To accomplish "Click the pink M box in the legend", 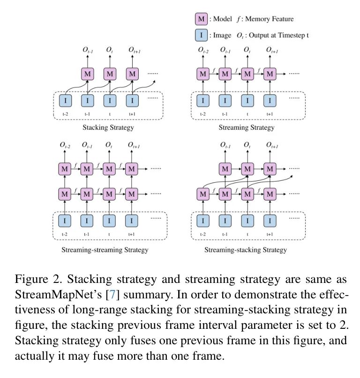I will [201, 19].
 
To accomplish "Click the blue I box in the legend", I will [201, 35].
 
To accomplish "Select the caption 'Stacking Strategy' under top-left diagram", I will [108, 127].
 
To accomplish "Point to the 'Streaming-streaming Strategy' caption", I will [105, 250].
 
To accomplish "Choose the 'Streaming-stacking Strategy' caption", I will [247, 250].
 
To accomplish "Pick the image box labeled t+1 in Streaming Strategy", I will [269, 100].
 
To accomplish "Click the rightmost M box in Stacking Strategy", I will [132, 74].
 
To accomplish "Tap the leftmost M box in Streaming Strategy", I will [202, 74].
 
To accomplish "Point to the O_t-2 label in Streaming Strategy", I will [203, 50].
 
